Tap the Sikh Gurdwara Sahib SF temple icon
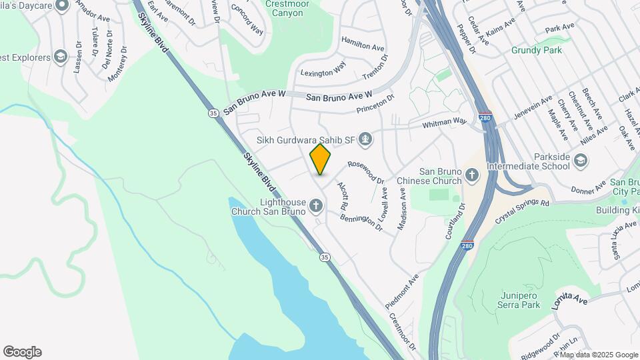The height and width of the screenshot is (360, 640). (365, 140)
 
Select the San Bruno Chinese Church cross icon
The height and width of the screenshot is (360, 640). (472, 175)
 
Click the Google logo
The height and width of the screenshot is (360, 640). (22, 352)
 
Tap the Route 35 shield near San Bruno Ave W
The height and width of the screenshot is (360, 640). (213, 113)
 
